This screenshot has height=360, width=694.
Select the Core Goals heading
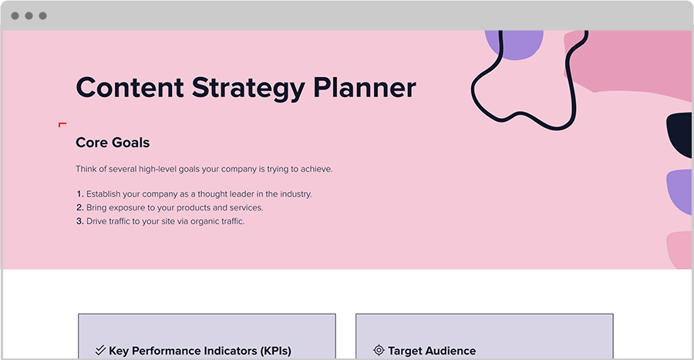(x=113, y=143)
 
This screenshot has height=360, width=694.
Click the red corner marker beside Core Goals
(x=62, y=124)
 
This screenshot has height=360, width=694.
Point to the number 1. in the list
(x=79, y=194)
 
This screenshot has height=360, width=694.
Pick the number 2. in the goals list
(x=79, y=208)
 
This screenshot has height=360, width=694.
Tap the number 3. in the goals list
(x=79, y=222)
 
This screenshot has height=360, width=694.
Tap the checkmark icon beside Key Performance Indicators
(x=99, y=350)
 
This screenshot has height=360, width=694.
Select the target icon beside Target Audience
(x=378, y=350)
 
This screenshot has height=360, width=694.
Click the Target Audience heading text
(x=432, y=351)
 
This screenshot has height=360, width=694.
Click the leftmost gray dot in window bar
(x=15, y=15)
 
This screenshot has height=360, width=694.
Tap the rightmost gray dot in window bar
(x=42, y=15)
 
